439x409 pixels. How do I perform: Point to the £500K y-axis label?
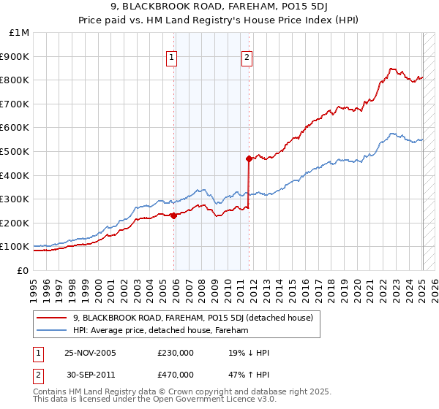[15, 151]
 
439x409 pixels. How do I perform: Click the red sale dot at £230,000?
[174, 215]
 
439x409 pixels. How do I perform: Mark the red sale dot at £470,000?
[249, 158]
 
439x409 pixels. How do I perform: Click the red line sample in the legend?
[51, 318]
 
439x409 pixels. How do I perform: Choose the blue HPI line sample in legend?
[51, 330]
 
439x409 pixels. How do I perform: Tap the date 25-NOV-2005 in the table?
[90, 353]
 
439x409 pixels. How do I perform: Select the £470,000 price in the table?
[176, 375]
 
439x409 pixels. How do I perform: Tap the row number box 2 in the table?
[38, 375]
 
